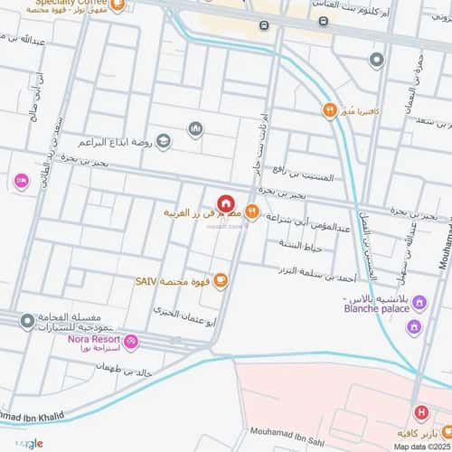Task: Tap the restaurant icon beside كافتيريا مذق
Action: [x=331, y=111]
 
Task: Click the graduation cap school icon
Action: [x=164, y=140]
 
